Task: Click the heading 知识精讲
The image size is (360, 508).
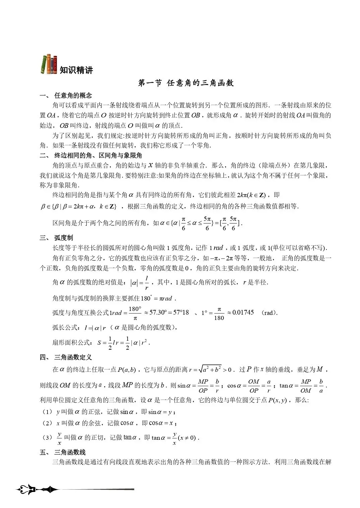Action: (76, 70)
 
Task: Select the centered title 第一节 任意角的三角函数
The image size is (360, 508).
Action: (186, 83)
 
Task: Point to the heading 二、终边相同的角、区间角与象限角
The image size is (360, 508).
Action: (91, 155)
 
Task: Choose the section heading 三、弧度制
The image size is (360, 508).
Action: (56, 238)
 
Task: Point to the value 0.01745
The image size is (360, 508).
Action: (243, 313)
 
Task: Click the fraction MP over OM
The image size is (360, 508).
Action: (306, 386)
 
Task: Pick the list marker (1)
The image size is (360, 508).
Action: (47, 412)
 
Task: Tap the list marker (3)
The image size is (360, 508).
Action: (47, 438)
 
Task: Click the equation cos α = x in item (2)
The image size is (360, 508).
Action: (162, 423)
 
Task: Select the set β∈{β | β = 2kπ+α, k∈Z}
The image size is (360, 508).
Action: (79, 206)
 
